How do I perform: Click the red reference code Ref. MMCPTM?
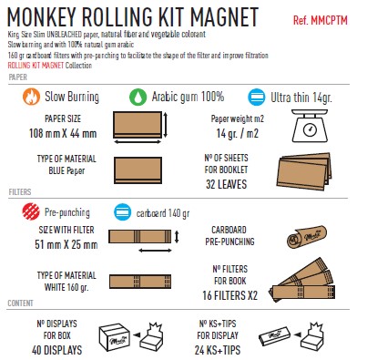coord(321,21)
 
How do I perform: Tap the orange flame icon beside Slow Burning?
coord(31,97)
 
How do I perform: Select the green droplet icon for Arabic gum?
coord(138,97)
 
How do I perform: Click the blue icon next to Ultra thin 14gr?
coord(257,97)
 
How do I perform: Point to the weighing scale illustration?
coord(310,126)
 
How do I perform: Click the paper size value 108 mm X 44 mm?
coord(63,133)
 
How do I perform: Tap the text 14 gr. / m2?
coord(238,133)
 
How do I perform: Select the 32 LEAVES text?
coord(226,184)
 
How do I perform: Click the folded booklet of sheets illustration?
coord(303,171)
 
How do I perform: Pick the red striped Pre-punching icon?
coord(31,211)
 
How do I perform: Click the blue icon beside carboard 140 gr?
coord(123,212)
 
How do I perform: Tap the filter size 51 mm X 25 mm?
coord(66,244)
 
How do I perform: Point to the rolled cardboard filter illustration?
coord(307,237)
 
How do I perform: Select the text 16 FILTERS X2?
coord(229,295)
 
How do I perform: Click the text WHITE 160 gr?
coord(66,287)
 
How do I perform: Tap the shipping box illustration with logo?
coord(115,336)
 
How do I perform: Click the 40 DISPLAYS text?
coord(56,350)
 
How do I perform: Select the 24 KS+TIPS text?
coord(218,350)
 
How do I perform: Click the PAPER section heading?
coord(18,77)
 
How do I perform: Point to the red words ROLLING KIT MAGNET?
coord(36,66)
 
